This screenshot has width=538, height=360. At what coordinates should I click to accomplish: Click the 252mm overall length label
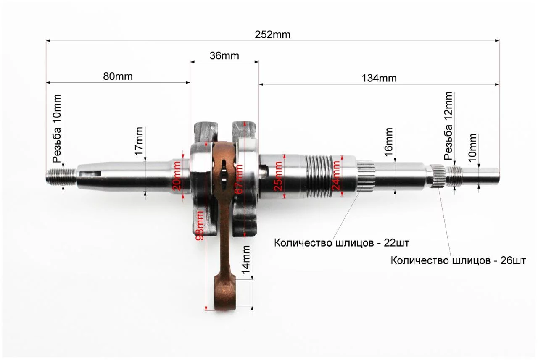pos(272,35)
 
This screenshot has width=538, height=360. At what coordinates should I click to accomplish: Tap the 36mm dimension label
pos(224,56)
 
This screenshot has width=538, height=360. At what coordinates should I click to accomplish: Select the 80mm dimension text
pos(118,76)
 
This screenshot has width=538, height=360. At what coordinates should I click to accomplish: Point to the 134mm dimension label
pos(379,79)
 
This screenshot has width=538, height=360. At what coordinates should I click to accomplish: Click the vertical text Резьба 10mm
pos(57,129)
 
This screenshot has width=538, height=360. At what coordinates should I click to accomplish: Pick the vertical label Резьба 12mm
pos(448,126)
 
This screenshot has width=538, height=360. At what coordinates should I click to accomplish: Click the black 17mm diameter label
pos(139,142)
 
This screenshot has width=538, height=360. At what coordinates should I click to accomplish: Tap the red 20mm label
pos(177,176)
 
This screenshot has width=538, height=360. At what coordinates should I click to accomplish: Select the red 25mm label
pos(278,176)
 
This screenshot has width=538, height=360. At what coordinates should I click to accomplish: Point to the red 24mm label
pos(336,176)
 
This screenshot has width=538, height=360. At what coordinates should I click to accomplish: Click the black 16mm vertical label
pos(389,142)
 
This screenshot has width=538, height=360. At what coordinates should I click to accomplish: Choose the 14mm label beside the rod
pos(246,260)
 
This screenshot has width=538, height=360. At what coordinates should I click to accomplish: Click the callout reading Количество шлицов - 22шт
pos(342,243)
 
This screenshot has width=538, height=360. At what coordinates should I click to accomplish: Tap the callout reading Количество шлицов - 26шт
pos(458,260)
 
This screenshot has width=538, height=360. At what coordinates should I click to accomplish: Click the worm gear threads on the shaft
pos(319,176)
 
